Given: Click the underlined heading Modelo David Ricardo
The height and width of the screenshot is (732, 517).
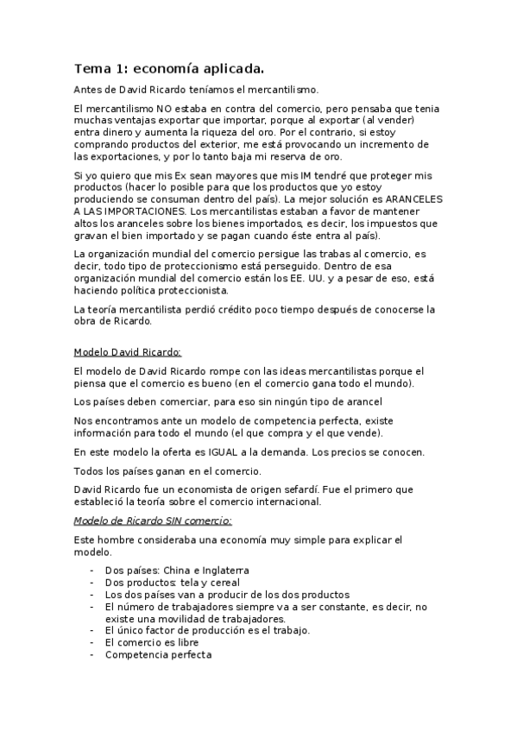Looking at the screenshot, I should pos(128,352).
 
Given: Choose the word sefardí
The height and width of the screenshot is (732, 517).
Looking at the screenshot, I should pos(289,489).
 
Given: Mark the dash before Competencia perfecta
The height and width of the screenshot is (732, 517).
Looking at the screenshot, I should pos(92,655).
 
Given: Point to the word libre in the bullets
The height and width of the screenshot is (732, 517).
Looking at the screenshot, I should pos(185,643).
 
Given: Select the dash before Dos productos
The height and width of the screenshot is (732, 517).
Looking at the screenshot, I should pos(92,583).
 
